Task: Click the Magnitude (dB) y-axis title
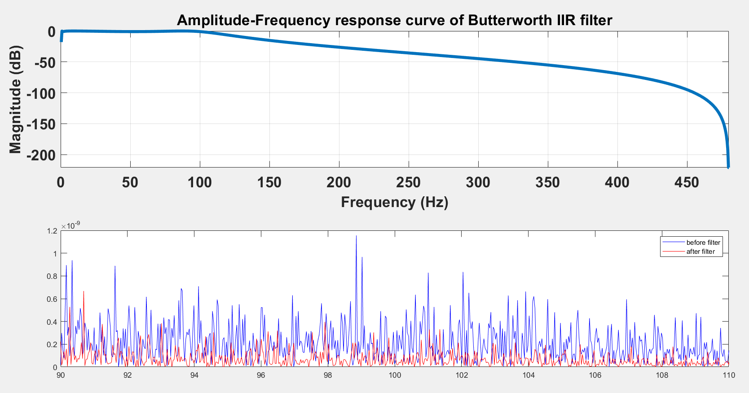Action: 16,99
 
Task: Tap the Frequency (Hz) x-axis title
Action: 394,202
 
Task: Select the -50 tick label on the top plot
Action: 44,62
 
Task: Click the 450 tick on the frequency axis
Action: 687,182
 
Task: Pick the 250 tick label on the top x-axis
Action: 408,182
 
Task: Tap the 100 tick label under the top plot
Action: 199,182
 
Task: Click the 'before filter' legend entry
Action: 703,243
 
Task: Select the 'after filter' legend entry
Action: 700,252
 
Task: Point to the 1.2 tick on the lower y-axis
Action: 52,231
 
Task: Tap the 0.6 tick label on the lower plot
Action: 52,299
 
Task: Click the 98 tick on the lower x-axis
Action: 328,375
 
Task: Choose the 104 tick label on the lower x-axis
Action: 528,375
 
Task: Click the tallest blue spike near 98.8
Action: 356,237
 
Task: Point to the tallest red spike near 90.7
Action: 84,292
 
